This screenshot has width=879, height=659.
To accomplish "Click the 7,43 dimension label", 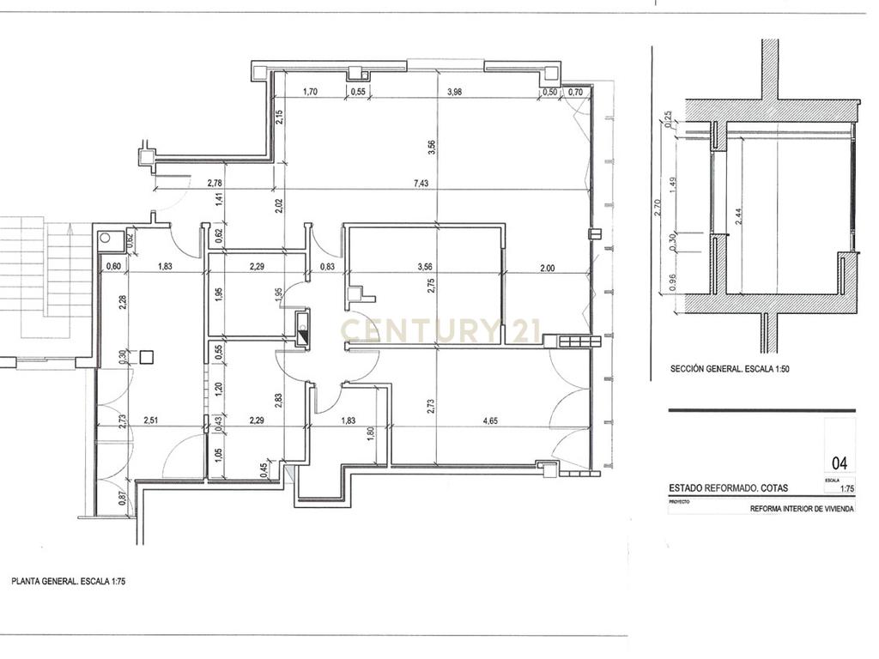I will coord(421,183).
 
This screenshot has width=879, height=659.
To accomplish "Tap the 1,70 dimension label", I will coord(311,92).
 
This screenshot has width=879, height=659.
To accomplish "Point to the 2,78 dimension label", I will coord(215,183).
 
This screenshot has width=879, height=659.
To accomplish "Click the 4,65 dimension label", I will coord(490,420).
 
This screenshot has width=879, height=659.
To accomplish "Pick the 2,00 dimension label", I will coord(547,268).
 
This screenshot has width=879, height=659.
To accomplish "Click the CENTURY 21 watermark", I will coord(443,329).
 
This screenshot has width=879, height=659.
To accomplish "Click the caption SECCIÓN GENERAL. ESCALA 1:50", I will coord(729,370).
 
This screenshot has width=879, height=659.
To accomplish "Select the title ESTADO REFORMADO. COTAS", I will coord(728,488).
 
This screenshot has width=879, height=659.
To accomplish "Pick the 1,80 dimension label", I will coord(371,433).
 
